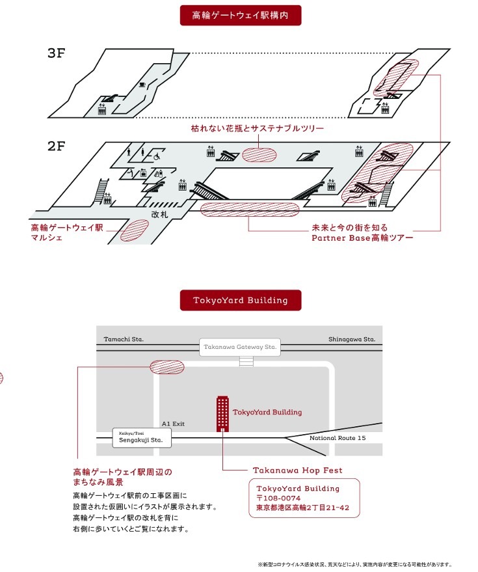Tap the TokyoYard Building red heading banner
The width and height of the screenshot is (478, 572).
coord(240,300)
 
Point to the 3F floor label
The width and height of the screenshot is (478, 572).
coord(57,53)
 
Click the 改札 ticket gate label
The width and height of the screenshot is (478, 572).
coord(159,213)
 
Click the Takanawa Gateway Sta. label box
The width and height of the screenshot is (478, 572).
coord(239,347)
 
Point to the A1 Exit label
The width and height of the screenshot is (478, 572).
coord(173,424)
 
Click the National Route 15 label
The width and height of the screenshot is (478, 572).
coord(338,438)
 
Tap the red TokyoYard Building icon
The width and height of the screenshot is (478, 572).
coord(222,413)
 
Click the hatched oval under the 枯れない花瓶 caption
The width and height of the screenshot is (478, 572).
coord(259,154)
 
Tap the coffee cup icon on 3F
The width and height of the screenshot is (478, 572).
coord(142,85)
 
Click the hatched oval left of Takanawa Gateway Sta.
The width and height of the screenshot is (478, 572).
coord(167,366)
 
